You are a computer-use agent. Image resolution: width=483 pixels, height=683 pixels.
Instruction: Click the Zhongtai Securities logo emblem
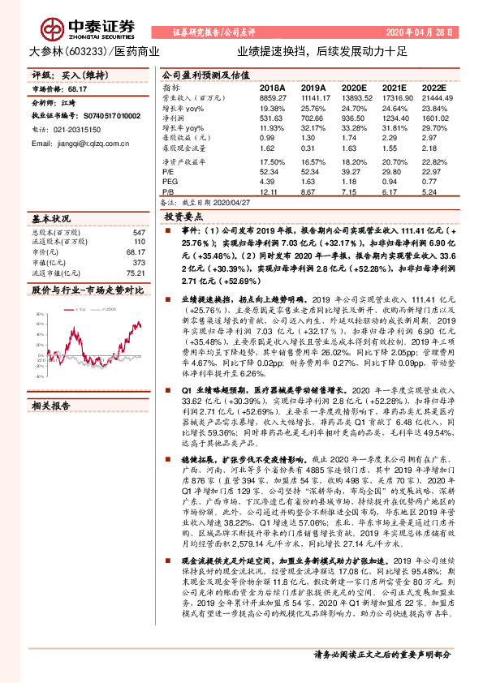(x=53, y=31)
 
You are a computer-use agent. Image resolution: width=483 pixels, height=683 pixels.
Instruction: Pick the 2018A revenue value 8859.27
(x=274, y=97)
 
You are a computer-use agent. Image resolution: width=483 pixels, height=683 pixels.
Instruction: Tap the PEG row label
(x=170, y=183)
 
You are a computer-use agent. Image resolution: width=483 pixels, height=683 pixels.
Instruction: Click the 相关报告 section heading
(x=50, y=406)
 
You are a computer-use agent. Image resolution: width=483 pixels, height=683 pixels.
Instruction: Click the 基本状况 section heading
(x=50, y=220)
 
